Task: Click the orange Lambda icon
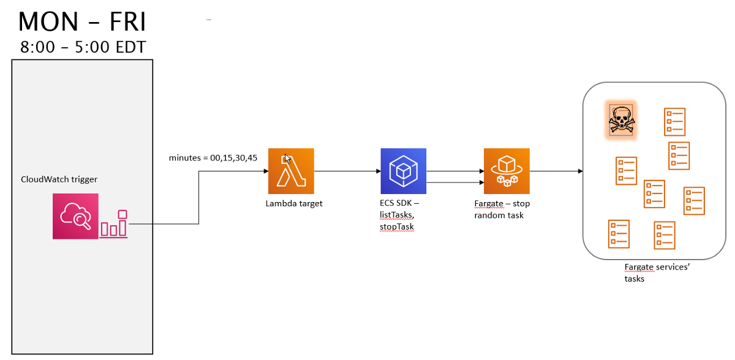tap(291, 171)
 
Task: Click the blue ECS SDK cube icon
tap(403, 171)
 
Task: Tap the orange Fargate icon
tap(507, 171)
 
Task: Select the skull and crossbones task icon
tap(621, 119)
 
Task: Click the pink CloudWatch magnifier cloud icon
tap(75, 216)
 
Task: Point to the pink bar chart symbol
tap(115, 225)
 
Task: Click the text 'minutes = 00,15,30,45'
tap(213, 158)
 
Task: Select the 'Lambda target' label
tap(294, 204)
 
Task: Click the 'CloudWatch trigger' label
tap(59, 179)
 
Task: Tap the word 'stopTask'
tap(397, 227)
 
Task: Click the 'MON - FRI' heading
tap(82, 22)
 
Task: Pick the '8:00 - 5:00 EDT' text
tap(83, 47)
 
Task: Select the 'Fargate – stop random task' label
tap(502, 209)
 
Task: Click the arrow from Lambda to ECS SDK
tap(347, 171)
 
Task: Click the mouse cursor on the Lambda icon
tap(287, 158)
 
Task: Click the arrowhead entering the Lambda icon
tap(265, 171)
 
